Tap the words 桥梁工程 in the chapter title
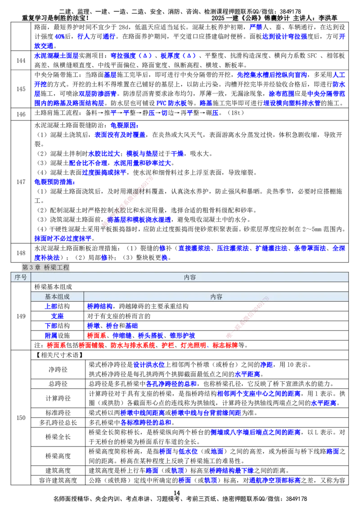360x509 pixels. point(57,267)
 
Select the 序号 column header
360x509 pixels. point(21,277)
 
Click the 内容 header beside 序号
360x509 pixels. point(190,277)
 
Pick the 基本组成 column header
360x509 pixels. point(57,297)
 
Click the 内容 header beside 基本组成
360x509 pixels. point(216,297)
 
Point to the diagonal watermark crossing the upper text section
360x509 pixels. point(128,201)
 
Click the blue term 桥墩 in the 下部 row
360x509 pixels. point(93,326)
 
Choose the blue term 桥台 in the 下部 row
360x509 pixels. point(112,326)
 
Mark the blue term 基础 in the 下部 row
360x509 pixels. point(131,326)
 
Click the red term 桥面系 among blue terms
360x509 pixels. point(96,335)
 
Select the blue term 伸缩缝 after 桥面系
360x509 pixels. point(121,335)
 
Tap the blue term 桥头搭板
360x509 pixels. point(150,335)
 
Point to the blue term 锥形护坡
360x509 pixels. point(182,335)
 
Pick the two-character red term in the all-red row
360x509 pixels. point(168,345)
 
